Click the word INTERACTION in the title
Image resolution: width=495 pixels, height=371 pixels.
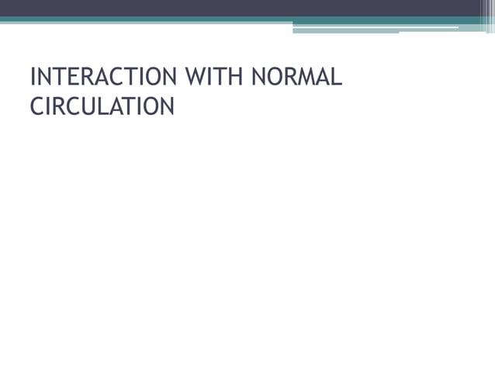click(102, 78)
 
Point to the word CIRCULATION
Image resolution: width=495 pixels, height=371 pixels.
click(102, 106)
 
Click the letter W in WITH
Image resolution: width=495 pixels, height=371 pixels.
click(194, 78)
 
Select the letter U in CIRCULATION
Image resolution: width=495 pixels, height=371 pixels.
click(85, 106)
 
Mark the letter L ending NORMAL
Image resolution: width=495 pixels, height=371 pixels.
click(337, 78)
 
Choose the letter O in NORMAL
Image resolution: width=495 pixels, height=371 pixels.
click(272, 78)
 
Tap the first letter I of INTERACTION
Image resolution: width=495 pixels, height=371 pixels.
click(32, 78)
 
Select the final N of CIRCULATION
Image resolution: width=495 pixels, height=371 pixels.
click(166, 106)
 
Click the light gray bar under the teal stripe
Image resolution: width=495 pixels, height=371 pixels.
click(345, 32)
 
